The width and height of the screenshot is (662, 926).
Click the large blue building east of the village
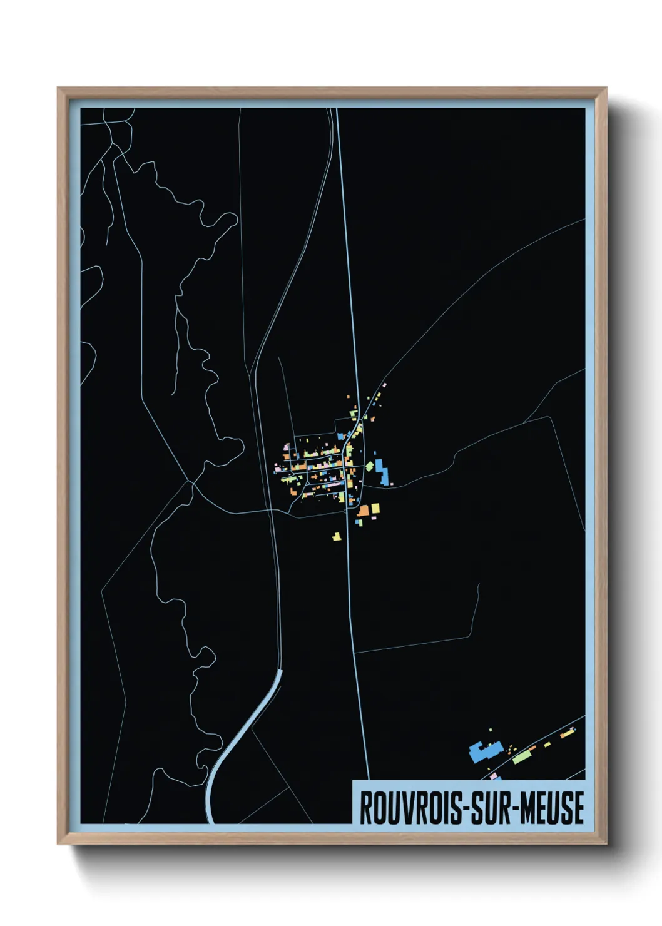(x=382, y=472)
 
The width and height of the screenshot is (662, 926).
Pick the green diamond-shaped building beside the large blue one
(x=369, y=466)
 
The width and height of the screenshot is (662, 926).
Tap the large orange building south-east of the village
(x=364, y=511)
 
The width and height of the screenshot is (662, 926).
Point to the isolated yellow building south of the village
(x=337, y=536)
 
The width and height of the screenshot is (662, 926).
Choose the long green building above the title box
(x=521, y=758)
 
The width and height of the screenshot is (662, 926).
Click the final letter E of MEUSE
(x=578, y=808)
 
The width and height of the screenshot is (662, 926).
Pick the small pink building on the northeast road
(x=384, y=385)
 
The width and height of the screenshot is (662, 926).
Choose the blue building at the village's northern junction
(x=341, y=436)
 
